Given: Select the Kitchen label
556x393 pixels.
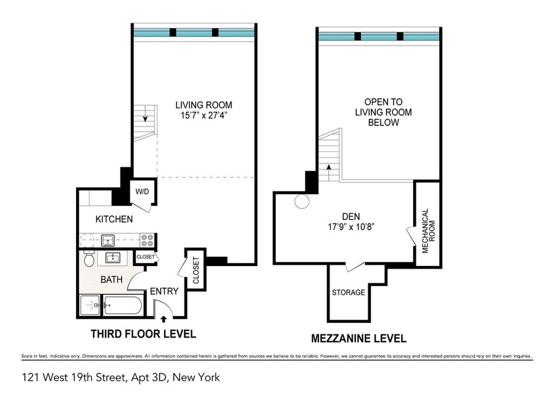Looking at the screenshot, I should (114, 219).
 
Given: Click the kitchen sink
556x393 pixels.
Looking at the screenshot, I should (108, 241).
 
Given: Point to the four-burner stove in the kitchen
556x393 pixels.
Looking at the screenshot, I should (148, 241).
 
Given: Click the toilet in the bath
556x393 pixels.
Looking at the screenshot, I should (89, 260).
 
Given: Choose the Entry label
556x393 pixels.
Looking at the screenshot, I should (164, 291).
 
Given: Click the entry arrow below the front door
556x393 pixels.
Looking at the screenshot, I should (163, 318).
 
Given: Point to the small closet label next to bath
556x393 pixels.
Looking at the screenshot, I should (145, 257).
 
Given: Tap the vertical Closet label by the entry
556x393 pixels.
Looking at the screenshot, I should (196, 270).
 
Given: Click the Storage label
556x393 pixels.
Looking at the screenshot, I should (348, 292).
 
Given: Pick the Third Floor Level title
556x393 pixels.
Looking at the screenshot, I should (143, 334).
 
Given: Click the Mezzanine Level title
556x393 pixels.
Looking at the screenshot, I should (358, 338).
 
